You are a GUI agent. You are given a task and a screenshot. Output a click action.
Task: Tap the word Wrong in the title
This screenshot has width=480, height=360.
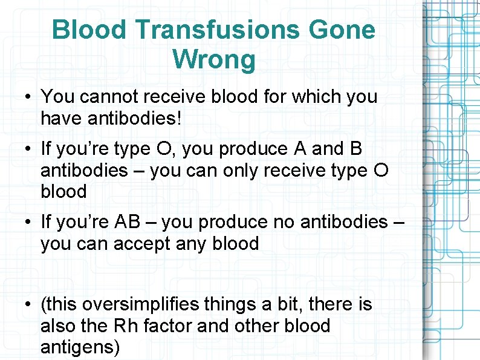(214, 60)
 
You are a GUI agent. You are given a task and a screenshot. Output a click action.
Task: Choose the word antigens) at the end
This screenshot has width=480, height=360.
(80, 347)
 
